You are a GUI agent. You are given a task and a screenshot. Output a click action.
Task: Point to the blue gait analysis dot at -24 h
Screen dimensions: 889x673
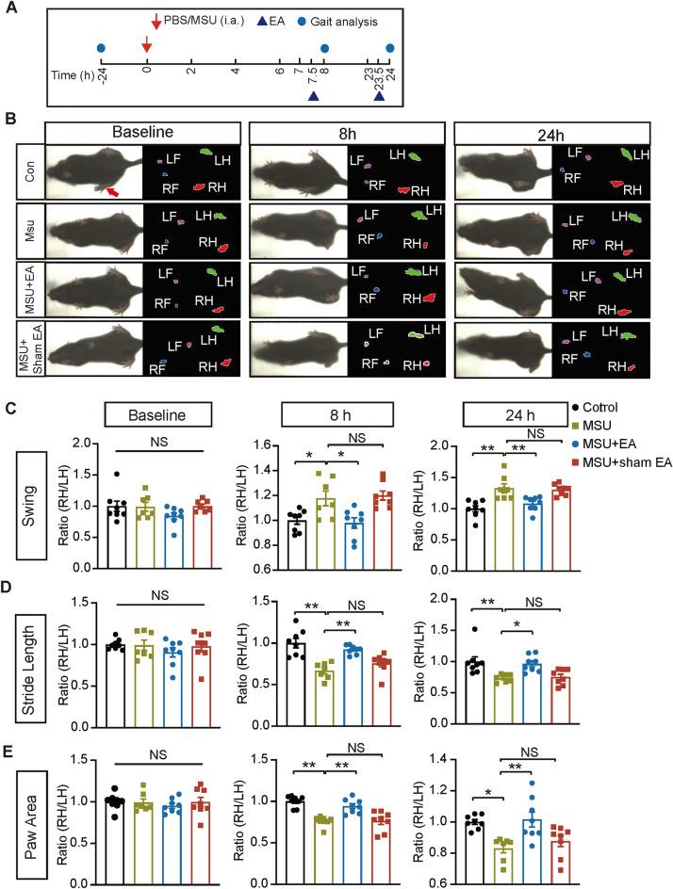(x=100, y=48)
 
